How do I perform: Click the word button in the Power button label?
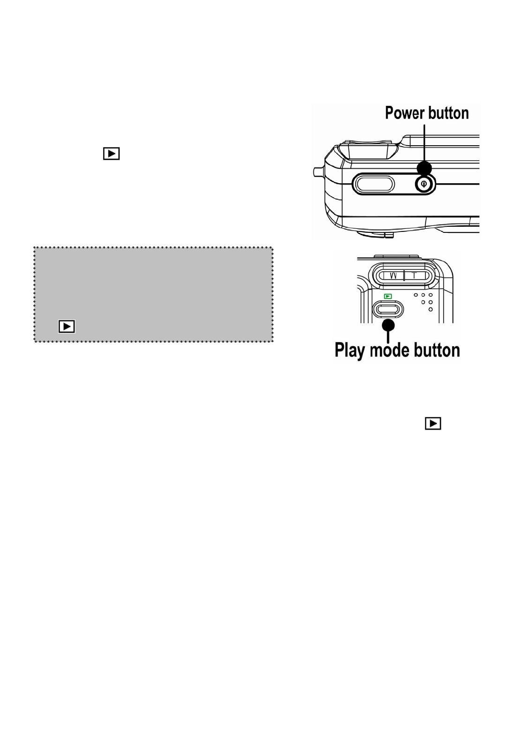point(449,113)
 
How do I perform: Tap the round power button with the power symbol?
point(424,184)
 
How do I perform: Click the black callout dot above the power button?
point(424,168)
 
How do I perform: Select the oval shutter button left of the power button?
point(373,184)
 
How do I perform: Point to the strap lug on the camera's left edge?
point(317,172)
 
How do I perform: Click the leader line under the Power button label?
point(425,141)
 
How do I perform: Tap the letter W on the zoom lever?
point(393,275)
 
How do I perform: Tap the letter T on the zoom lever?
point(414,275)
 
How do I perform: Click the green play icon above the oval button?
point(387,296)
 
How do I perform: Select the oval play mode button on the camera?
point(387,308)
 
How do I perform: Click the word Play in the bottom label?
point(350,350)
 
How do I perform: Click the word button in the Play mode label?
point(438,350)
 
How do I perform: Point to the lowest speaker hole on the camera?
point(431,310)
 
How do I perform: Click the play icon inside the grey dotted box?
point(67,326)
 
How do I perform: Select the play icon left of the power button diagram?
point(111,154)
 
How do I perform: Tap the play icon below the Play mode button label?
point(433,424)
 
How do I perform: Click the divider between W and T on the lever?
point(404,275)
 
